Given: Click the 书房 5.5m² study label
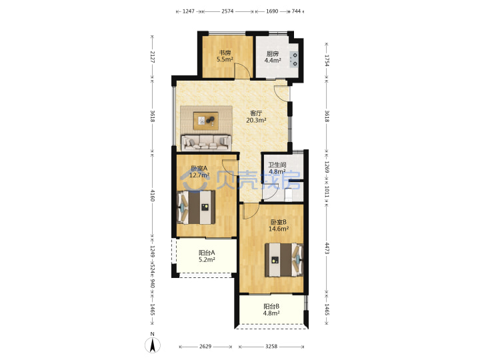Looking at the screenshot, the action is click(x=225, y=56).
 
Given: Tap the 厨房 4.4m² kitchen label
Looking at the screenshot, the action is click(x=273, y=57).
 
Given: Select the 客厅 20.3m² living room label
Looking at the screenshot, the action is click(x=256, y=117).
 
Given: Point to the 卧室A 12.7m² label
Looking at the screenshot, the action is click(x=199, y=172).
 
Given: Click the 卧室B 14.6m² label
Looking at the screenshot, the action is click(x=279, y=225).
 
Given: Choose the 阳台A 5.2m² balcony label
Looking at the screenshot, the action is click(x=207, y=256).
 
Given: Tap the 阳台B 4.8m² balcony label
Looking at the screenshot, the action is click(x=271, y=309).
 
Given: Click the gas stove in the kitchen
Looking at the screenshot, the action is click(x=294, y=59).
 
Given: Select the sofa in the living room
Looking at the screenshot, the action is click(x=206, y=143).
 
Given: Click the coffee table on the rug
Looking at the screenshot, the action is click(x=206, y=121).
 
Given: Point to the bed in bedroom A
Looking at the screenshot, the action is click(x=196, y=207).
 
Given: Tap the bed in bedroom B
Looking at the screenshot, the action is click(x=284, y=260).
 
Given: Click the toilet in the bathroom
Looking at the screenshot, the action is click(x=289, y=195).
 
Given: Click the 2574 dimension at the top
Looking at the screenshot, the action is click(x=227, y=11).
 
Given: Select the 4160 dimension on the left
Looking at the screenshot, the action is click(x=153, y=195).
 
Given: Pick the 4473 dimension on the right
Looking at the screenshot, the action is click(x=327, y=248).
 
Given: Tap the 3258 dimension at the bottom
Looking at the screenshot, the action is click(x=271, y=346).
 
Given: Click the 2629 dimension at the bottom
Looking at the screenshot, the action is click(x=205, y=346).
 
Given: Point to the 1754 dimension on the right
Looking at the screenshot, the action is click(x=327, y=61).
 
